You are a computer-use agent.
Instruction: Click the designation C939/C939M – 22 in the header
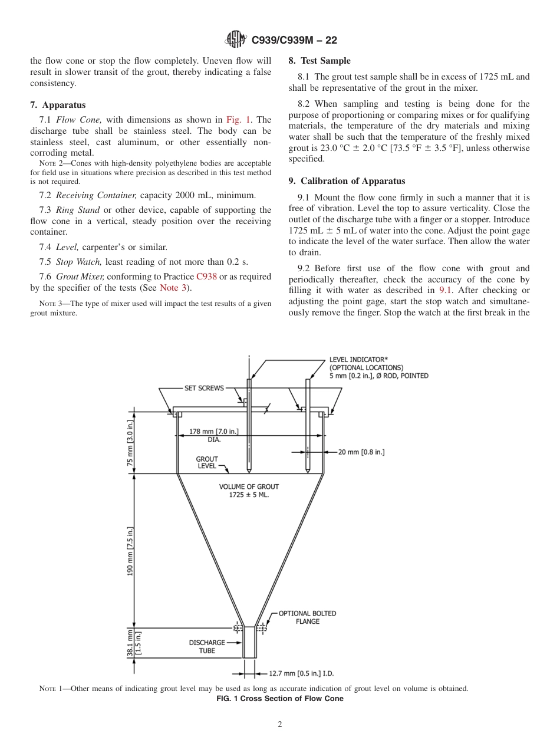(294, 40)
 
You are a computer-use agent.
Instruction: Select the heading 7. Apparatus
(58, 105)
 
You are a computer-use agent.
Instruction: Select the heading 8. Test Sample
(319, 61)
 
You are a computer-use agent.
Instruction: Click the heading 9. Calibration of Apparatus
(347, 181)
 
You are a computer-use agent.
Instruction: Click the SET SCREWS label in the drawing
(204, 388)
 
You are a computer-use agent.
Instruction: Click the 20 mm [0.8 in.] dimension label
(361, 452)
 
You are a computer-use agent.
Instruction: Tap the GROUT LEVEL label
(207, 462)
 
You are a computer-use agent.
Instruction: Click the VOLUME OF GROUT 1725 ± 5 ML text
(249, 491)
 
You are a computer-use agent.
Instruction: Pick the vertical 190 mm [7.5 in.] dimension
(130, 551)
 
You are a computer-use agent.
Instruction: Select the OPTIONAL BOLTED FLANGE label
(307, 617)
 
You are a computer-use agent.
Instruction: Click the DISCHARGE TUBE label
(207, 646)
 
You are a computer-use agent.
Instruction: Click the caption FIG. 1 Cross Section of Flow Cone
(280, 699)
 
